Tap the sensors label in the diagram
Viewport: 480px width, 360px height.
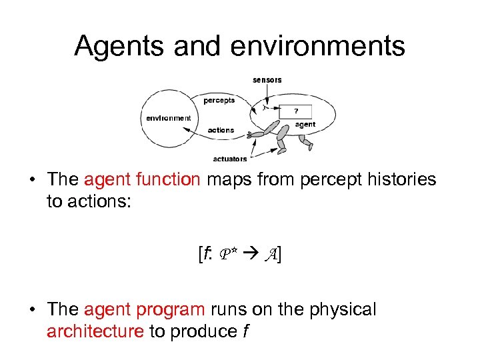pyautogui.click(x=267, y=80)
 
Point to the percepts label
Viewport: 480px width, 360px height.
pyautogui.click(x=219, y=101)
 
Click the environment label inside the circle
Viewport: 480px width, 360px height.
pyautogui.click(x=168, y=118)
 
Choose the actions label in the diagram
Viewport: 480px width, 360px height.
pyautogui.click(x=221, y=130)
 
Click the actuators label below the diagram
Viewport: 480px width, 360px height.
pyautogui.click(x=230, y=159)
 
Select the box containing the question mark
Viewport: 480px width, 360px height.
pyautogui.click(x=296, y=111)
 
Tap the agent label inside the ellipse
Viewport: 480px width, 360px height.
pyautogui.click(x=305, y=125)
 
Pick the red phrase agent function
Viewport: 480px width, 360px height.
pyautogui.click(x=142, y=180)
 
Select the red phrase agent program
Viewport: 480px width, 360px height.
pyautogui.click(x=145, y=310)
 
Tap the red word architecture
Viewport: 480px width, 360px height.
pyautogui.click(x=95, y=331)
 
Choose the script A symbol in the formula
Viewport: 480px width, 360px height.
pyautogui.click(x=271, y=253)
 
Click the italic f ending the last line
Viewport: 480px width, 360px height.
pyautogui.click(x=246, y=331)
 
